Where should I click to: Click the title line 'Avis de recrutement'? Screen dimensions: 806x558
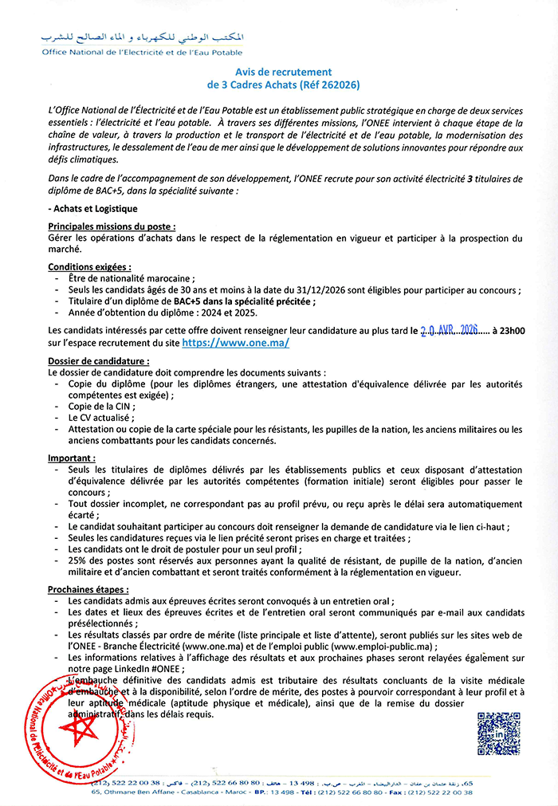pos(278,71)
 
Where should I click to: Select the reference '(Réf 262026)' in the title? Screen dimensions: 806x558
pos(320,83)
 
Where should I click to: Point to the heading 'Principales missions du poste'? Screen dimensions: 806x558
pos(111,226)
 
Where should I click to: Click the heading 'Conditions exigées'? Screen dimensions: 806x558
pos(89,266)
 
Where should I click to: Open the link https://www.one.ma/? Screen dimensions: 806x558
pos(235,342)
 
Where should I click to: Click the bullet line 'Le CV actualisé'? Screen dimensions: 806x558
pos(100,417)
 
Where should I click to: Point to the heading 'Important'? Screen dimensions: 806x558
pos(71,458)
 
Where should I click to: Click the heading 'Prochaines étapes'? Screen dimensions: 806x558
pos(88,589)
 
